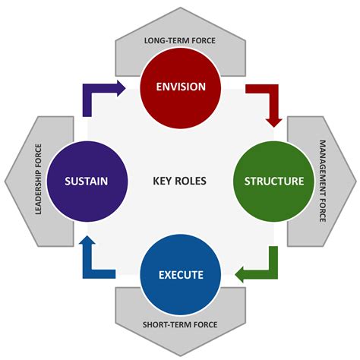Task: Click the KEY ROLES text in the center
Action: [179, 181]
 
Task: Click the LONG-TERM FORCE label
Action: [180, 39]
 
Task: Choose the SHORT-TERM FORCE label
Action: [180, 325]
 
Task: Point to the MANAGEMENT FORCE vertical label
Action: [322, 181]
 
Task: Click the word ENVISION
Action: [180, 86]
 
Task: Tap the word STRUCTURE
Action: [274, 181]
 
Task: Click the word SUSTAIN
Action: [85, 181]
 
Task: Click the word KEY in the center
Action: [163, 181]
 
